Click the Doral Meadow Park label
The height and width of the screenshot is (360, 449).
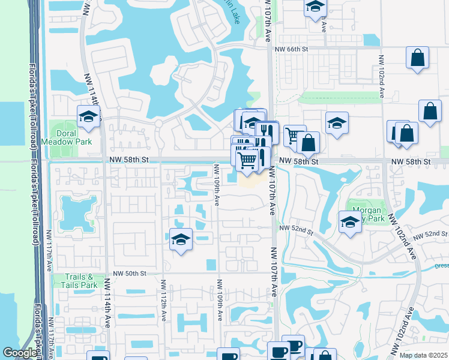[x=74, y=137]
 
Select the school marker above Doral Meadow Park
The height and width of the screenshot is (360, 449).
[x=88, y=117]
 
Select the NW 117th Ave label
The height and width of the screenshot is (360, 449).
[x=50, y=261]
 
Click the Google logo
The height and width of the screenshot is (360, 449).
[x=20, y=353]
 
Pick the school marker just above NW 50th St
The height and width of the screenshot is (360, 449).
[x=181, y=239]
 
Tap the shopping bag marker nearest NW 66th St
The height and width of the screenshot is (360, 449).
[x=417, y=58]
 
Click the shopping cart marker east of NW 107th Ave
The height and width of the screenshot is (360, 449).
[x=294, y=136]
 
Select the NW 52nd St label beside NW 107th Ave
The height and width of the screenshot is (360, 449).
[x=297, y=229]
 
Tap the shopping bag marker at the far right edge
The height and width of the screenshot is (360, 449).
[x=430, y=111]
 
